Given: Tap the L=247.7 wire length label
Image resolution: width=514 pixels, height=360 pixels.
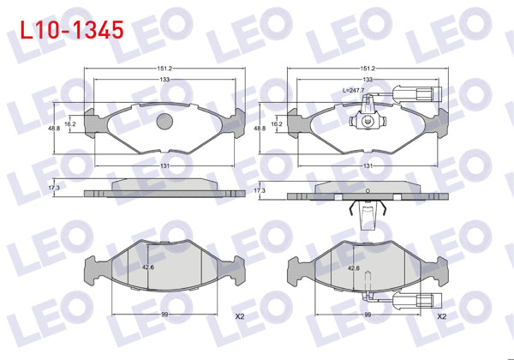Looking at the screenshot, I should click(x=353, y=89).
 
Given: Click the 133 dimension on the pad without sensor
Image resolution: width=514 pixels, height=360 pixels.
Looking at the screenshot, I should click(x=164, y=80).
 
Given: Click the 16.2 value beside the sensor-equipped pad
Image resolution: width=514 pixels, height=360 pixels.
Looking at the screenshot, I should click(x=276, y=123).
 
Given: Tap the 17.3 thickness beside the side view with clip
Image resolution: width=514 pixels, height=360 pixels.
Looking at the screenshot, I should click(x=260, y=190).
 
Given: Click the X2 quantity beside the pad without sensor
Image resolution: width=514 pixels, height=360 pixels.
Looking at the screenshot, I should click(x=240, y=316).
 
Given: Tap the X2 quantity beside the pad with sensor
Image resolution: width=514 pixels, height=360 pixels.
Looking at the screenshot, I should click(x=442, y=316).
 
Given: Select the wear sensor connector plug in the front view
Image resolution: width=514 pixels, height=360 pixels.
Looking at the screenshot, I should click(x=426, y=94).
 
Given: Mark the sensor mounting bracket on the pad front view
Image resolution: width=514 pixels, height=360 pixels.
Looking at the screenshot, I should click(x=366, y=122).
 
